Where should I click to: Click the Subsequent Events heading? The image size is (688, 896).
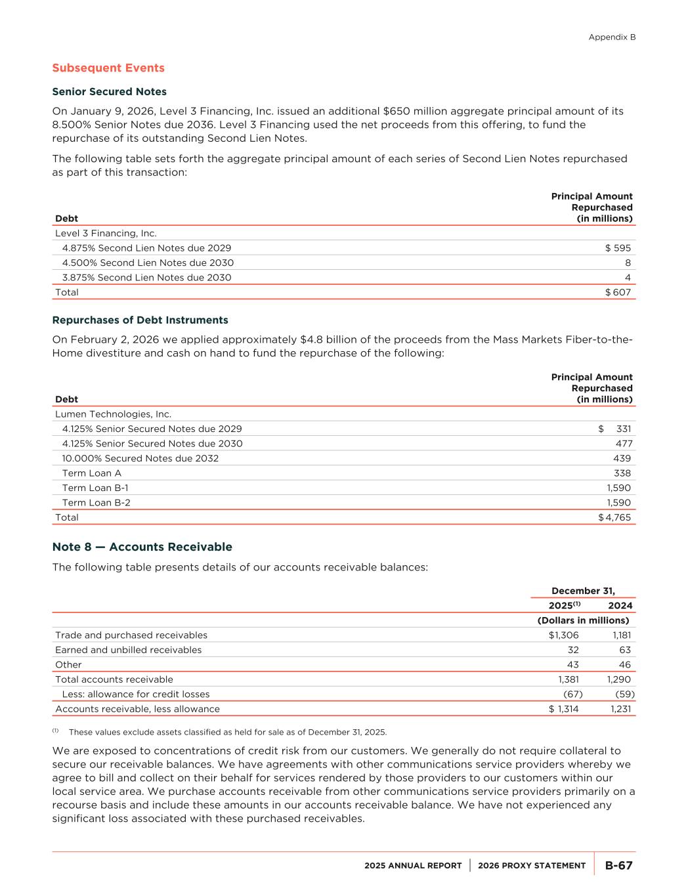(108, 68)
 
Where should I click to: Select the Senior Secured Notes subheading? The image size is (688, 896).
(109, 92)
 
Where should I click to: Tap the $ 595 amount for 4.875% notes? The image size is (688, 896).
(618, 248)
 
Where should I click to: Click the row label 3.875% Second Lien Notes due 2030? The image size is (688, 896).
(146, 278)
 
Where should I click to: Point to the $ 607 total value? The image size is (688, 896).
(618, 293)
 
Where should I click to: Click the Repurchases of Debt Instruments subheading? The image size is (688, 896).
(140, 320)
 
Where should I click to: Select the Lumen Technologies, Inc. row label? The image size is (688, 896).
(113, 414)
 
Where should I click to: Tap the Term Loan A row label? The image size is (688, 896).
(91, 473)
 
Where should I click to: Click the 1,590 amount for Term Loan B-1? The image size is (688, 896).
(618, 488)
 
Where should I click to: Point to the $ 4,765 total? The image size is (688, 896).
(614, 518)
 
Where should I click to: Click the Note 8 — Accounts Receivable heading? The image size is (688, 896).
(142, 547)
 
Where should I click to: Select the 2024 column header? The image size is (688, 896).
(620, 606)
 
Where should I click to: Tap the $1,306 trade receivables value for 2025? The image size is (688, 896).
(563, 635)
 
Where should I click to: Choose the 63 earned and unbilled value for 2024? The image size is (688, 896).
(624, 650)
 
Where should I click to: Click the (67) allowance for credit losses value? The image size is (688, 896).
(572, 694)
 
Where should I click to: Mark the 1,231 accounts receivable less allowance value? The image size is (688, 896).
(620, 709)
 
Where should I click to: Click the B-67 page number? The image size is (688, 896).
(618, 866)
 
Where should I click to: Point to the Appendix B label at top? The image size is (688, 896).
(612, 37)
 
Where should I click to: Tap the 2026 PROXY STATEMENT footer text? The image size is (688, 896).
(532, 866)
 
